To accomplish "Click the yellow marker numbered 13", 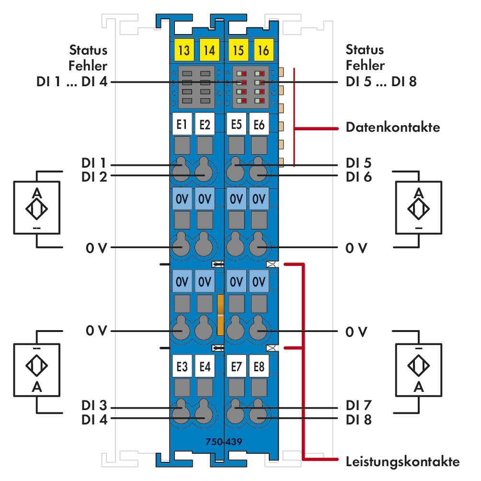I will point(183,50).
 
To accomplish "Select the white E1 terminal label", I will point(182,125).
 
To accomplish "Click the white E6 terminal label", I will point(259,125).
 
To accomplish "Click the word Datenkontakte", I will point(392,128).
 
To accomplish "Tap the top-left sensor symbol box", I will point(36,208).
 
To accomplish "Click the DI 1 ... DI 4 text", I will point(72,82).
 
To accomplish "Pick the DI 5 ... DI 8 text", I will point(381,82).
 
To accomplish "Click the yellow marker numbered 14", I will point(207,50).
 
